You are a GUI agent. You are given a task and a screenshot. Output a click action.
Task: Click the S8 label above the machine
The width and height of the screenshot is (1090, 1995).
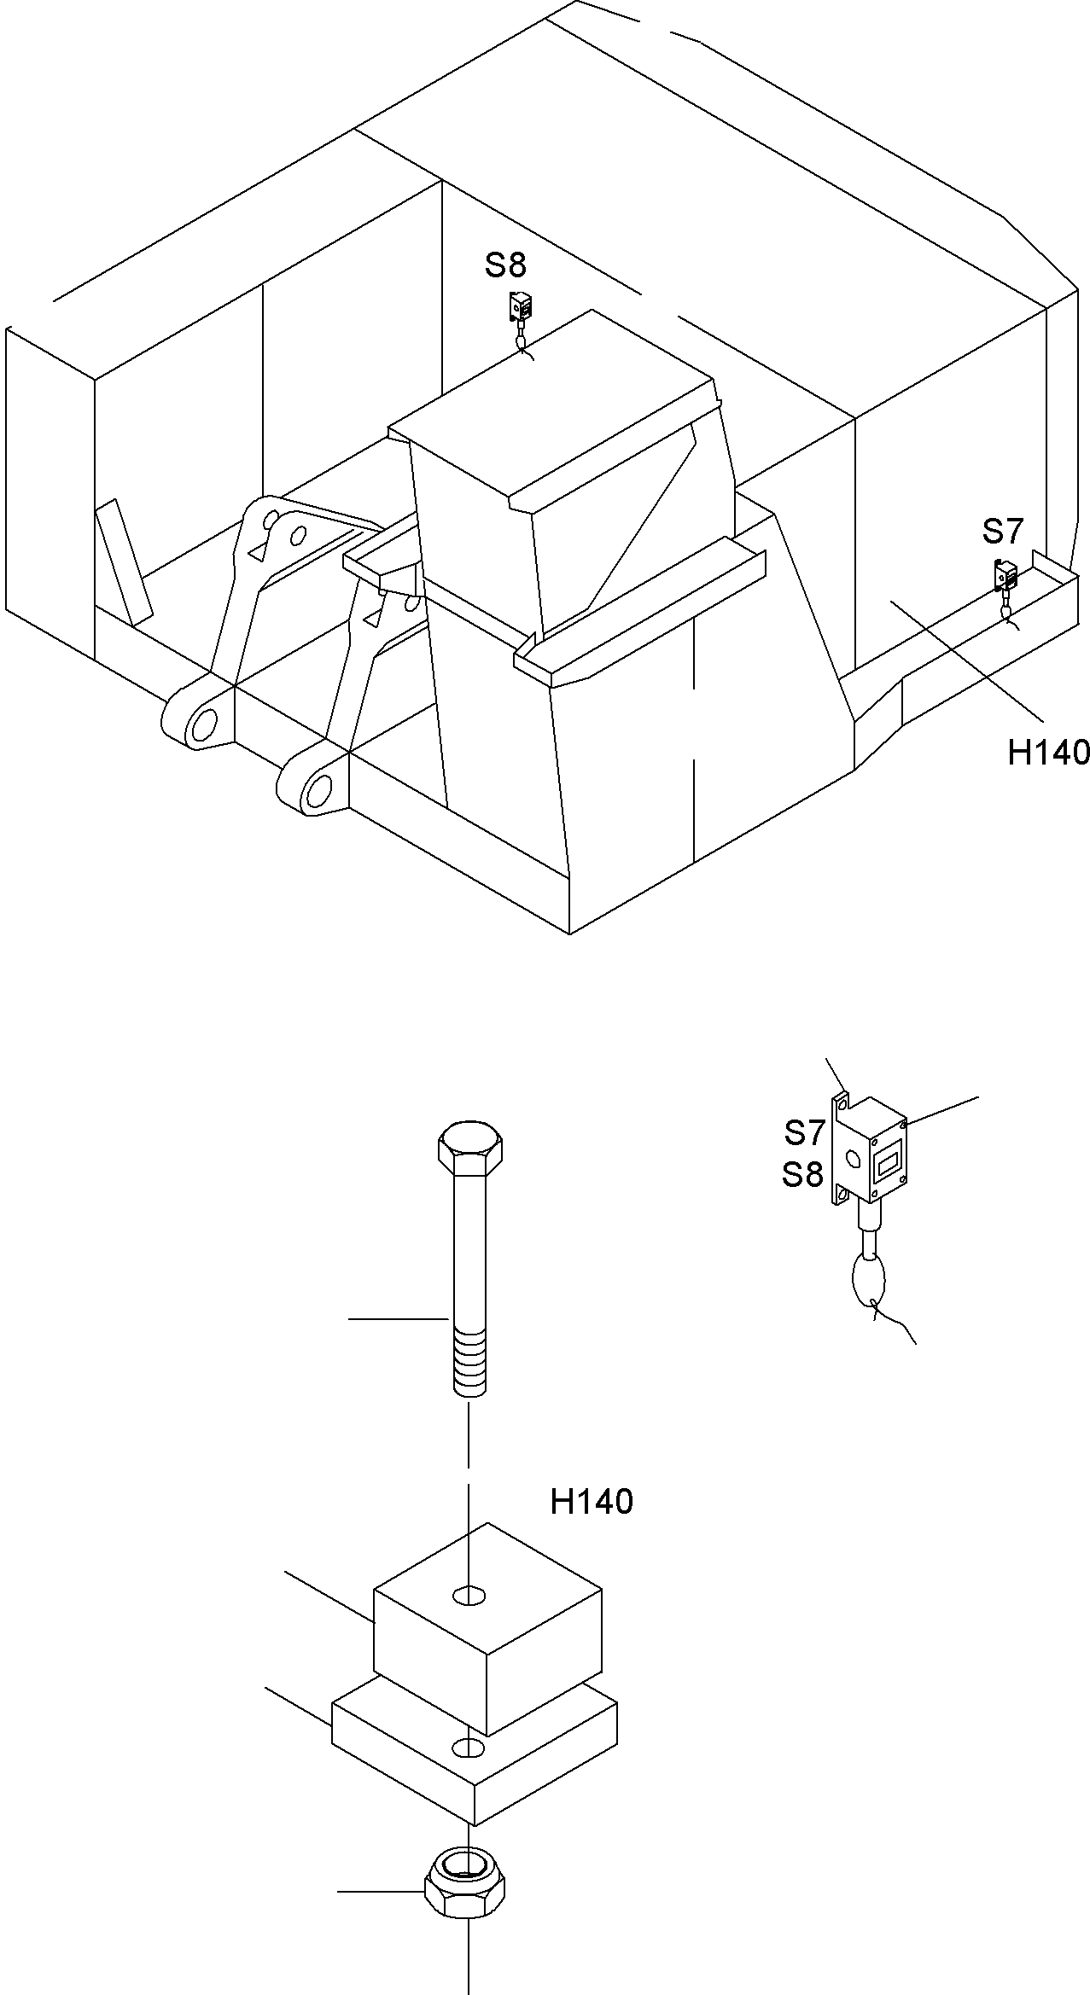pyautogui.click(x=505, y=265)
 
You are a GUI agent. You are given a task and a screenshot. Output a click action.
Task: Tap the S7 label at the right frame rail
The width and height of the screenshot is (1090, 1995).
pyautogui.click(x=1002, y=532)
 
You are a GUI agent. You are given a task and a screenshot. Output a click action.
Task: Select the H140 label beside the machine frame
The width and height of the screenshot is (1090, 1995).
pyautogui.click(x=1048, y=753)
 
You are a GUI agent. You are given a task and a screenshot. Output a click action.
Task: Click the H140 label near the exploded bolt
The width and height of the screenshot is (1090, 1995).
pyautogui.click(x=591, y=1502)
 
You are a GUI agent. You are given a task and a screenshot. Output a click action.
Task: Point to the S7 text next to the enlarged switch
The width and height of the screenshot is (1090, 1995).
pyautogui.click(x=803, y=1132)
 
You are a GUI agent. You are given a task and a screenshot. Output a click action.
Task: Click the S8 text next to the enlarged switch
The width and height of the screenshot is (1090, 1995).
pyautogui.click(x=802, y=1175)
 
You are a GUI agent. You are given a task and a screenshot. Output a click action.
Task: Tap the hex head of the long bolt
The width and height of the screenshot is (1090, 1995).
pyautogui.click(x=469, y=1147)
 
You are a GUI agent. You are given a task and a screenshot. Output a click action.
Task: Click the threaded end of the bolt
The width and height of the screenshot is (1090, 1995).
pyautogui.click(x=469, y=1365)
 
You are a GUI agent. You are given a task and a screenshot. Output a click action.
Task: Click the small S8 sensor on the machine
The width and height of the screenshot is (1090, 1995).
pyautogui.click(x=520, y=306)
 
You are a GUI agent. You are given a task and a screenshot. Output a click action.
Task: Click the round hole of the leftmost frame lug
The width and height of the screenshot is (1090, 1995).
pyautogui.click(x=205, y=725)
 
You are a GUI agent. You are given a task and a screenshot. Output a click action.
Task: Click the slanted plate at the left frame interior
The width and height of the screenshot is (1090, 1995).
pyautogui.click(x=124, y=563)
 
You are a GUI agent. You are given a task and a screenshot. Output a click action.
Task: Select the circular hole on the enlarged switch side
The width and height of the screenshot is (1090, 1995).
pyautogui.click(x=852, y=1159)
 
